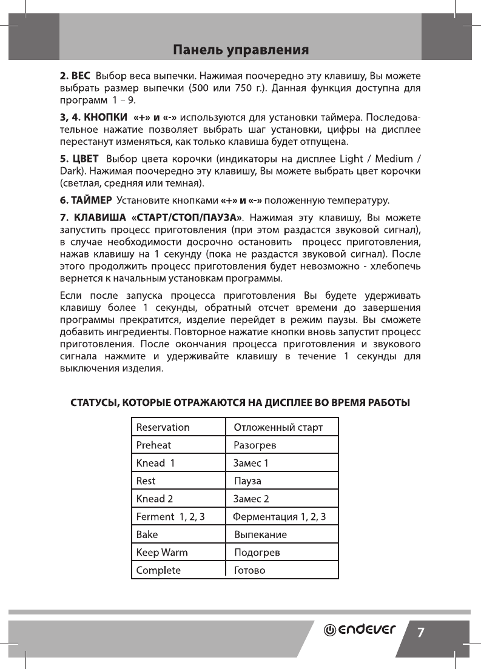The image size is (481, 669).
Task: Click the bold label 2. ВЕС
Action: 74,77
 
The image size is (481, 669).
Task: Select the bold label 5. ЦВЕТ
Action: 78,159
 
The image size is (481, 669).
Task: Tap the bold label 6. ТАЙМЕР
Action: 85,199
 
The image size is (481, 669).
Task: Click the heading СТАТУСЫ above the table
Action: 240,402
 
